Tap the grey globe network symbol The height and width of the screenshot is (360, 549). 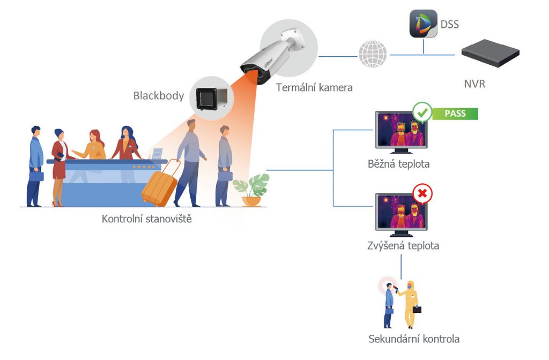(x=372, y=54)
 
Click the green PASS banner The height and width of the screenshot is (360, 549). (x=455, y=114)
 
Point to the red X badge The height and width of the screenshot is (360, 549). (x=422, y=194)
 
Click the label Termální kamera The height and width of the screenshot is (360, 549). (x=314, y=87)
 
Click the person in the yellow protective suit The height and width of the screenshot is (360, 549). (x=410, y=303)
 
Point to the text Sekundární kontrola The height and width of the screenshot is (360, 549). (x=414, y=339)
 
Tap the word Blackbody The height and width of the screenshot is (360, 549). (x=159, y=96)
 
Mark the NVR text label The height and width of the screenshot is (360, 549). (x=475, y=84)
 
